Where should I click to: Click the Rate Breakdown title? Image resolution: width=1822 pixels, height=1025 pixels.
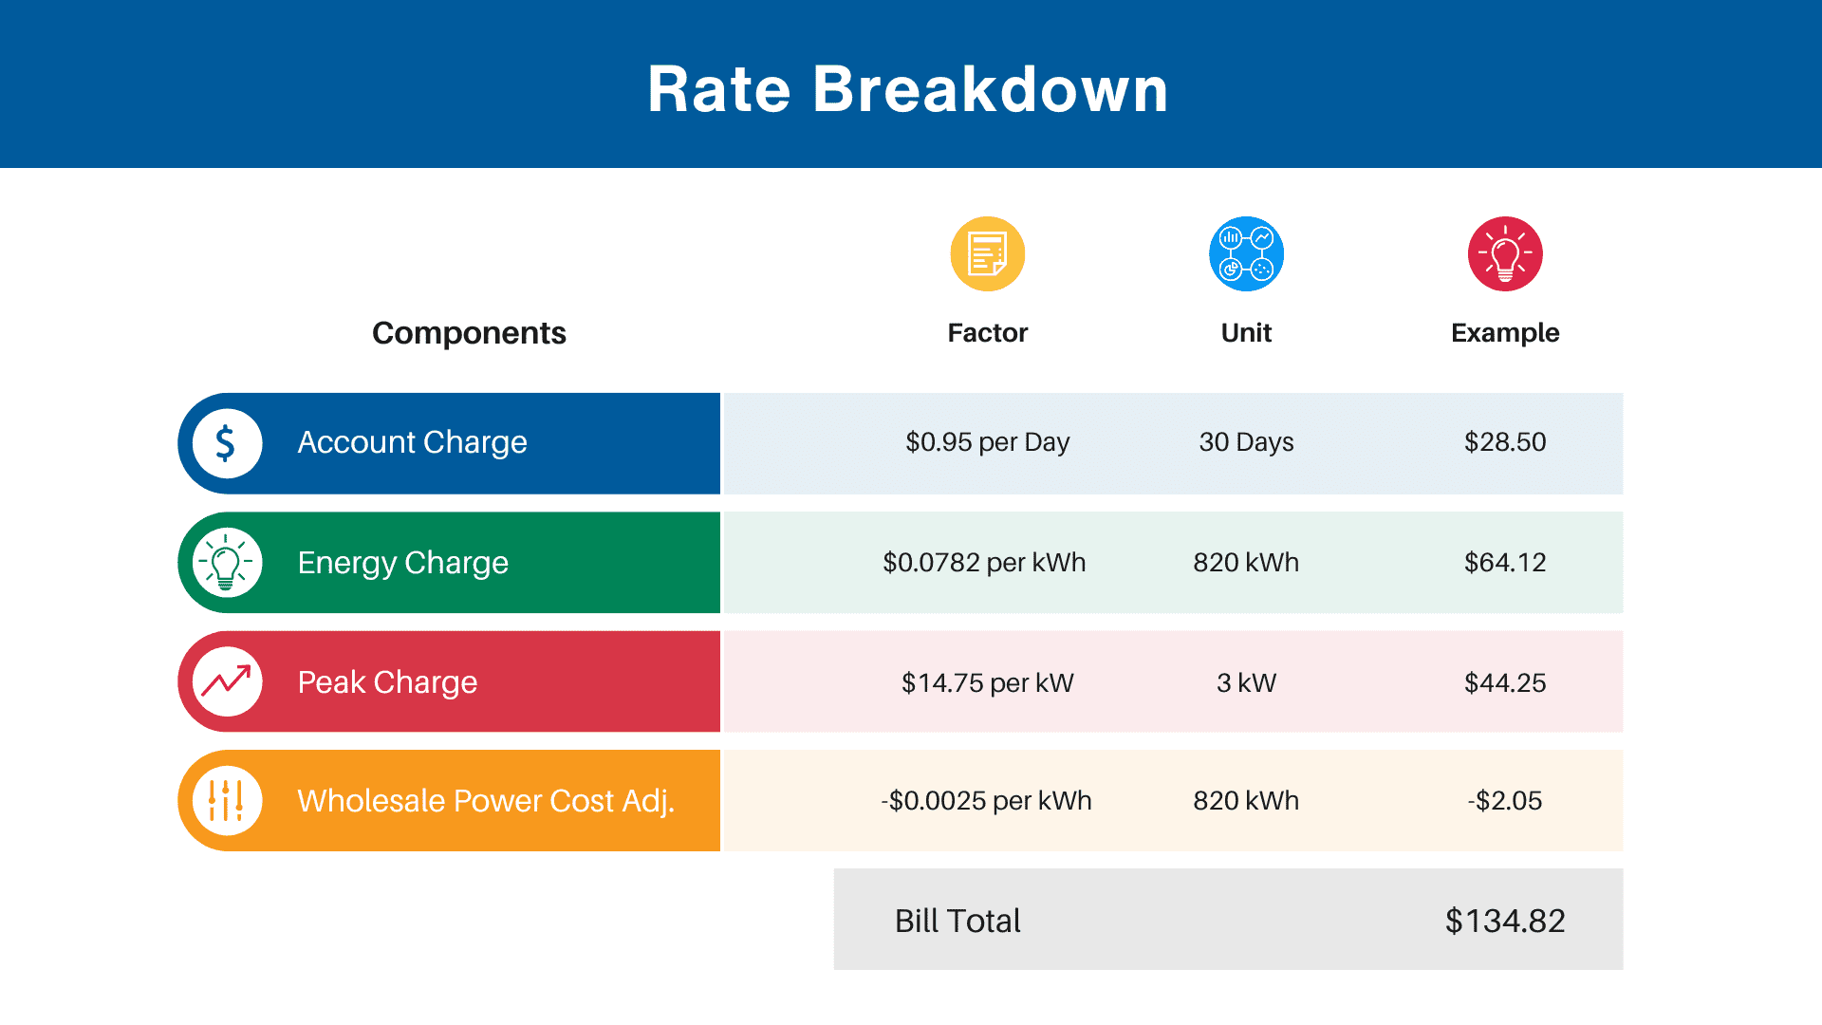pos(907,89)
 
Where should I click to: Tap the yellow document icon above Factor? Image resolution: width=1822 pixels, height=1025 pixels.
pos(988,254)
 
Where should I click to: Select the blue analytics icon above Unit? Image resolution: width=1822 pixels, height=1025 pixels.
pos(1246,254)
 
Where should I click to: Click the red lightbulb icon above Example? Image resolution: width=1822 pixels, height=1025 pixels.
pos(1505,254)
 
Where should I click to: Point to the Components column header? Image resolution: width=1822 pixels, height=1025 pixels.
pos(469,333)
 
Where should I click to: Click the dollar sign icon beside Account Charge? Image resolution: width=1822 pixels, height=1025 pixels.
pos(227,443)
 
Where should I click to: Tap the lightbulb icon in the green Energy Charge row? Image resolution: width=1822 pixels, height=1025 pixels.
pos(227,563)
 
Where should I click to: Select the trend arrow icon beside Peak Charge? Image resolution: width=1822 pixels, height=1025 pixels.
pos(227,681)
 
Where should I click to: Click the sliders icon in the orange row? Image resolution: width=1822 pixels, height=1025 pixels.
pos(227,800)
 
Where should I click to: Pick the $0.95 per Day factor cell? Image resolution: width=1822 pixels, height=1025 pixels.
pos(987,442)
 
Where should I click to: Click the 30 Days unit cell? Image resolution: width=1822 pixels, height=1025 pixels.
pos(1246,442)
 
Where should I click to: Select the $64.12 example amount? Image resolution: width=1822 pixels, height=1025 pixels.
pos(1505,562)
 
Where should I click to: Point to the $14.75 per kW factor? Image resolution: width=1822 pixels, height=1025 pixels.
pos(987,682)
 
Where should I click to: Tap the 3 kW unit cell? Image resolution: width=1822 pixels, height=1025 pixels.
pos(1246,682)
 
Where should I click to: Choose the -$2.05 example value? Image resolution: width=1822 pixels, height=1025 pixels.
pos(1505,800)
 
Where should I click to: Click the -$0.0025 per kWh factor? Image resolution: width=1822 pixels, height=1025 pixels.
pos(986,800)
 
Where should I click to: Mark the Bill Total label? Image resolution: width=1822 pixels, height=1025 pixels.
pos(957,921)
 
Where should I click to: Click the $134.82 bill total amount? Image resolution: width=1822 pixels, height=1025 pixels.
pos(1505,921)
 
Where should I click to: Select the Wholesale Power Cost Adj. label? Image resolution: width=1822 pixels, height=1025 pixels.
pos(486,801)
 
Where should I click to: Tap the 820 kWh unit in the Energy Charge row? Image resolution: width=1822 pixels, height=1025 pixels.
pos(1246,562)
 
